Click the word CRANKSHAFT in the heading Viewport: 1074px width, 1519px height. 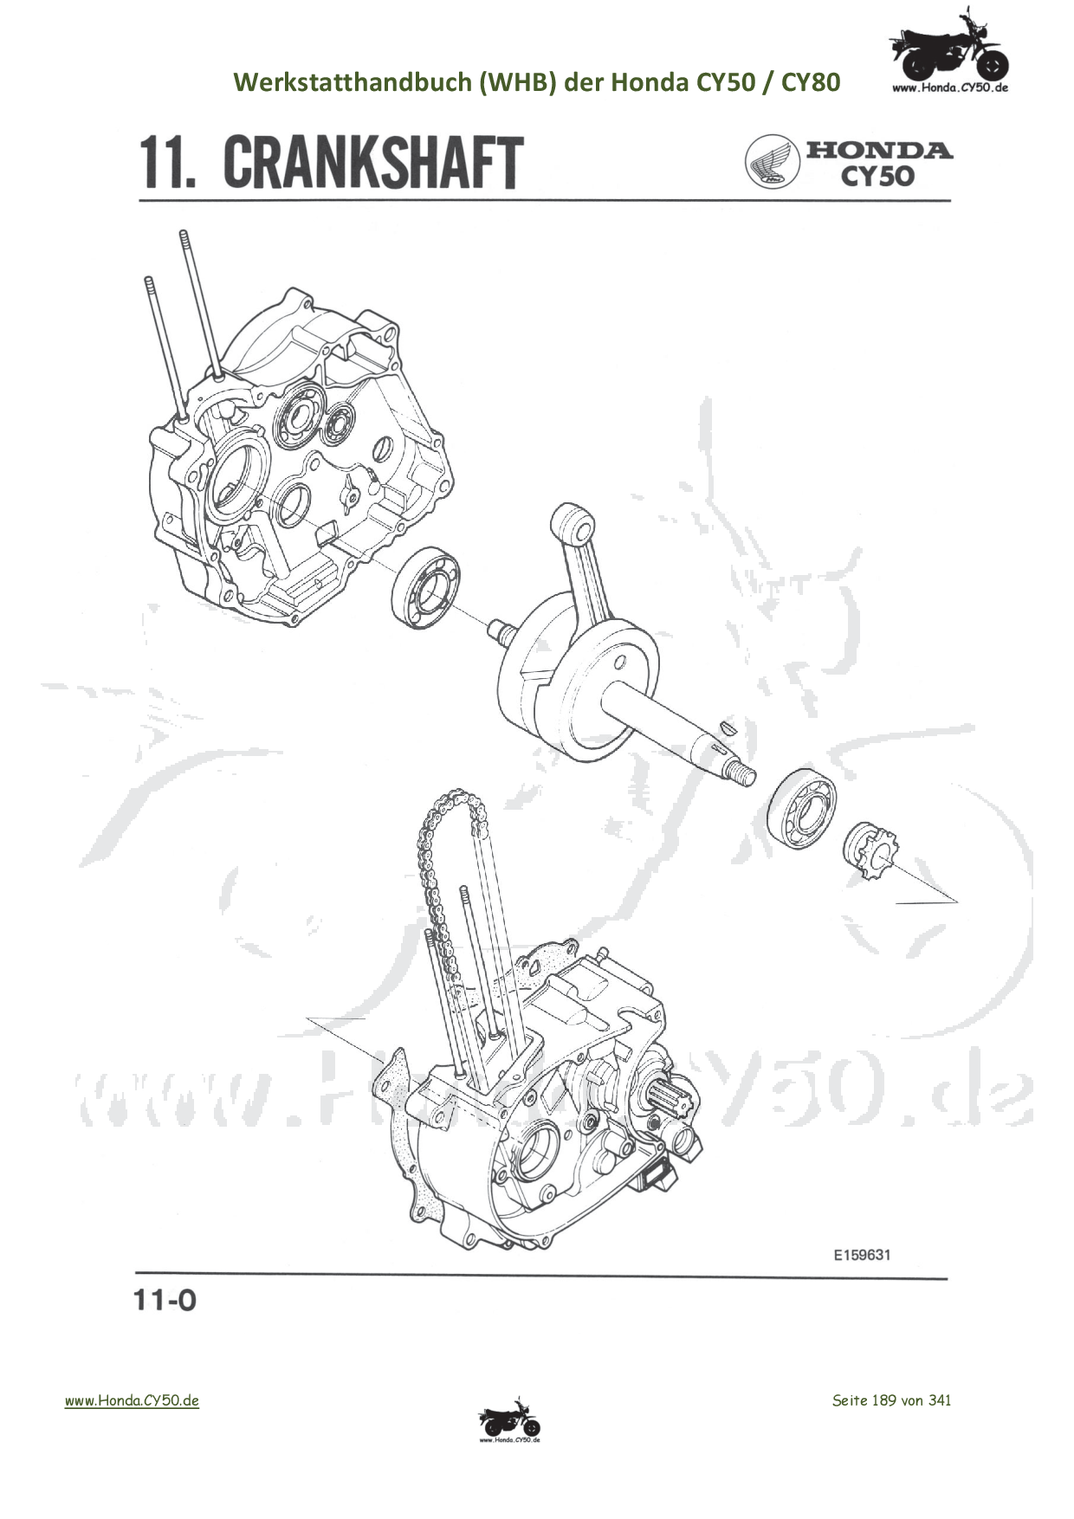tap(373, 162)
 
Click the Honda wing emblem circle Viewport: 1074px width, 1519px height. tap(772, 162)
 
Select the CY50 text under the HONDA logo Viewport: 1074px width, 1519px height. tap(877, 176)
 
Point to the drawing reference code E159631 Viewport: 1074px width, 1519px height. tap(862, 1254)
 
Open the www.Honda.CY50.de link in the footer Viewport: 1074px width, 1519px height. tap(132, 1400)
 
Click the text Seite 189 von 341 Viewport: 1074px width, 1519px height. tap(891, 1400)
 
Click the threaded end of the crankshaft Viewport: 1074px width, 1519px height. tap(744, 772)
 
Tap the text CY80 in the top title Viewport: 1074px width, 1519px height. tap(811, 82)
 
